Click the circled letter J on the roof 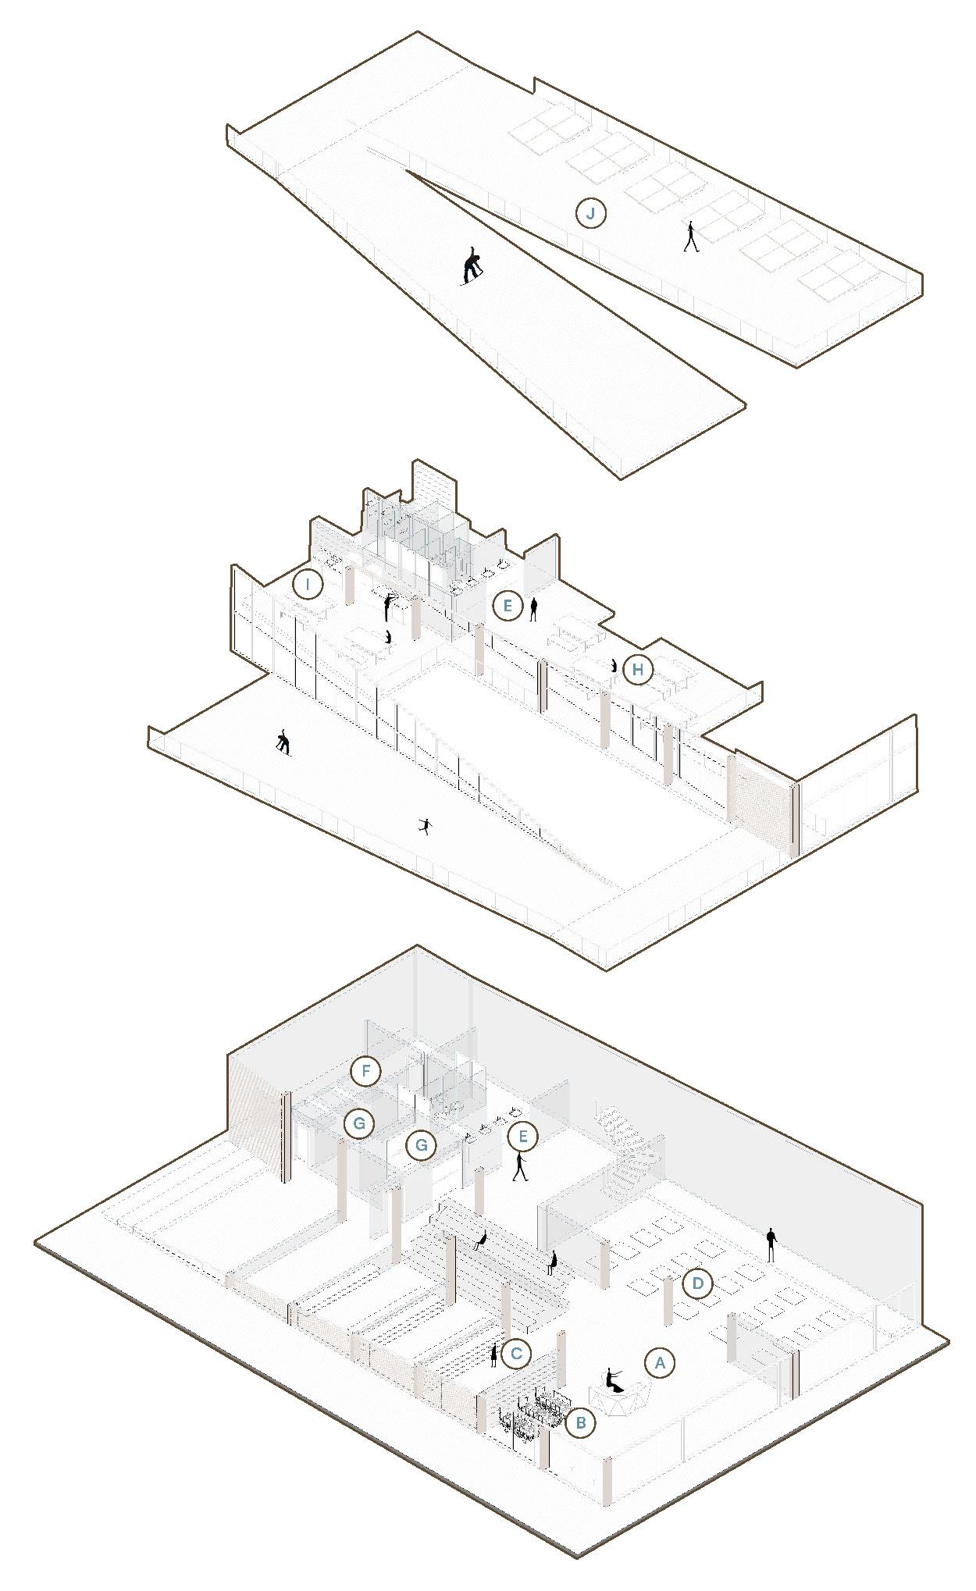591,213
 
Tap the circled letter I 308,584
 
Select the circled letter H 638,670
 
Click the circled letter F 365,1071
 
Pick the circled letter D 697,1284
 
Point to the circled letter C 517,1354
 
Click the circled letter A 660,1363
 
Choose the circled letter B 581,1422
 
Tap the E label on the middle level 508,605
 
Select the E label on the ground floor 522,1137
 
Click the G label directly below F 359,1123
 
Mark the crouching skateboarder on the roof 472,267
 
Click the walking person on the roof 690,237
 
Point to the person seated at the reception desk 613,1380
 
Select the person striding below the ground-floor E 520,1166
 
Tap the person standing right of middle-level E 534,609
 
